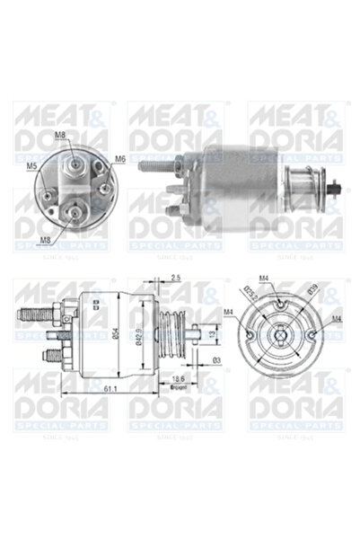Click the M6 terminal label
(x=120, y=159)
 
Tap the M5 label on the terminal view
(x=31, y=166)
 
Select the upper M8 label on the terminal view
(x=60, y=136)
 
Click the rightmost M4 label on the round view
(x=335, y=319)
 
